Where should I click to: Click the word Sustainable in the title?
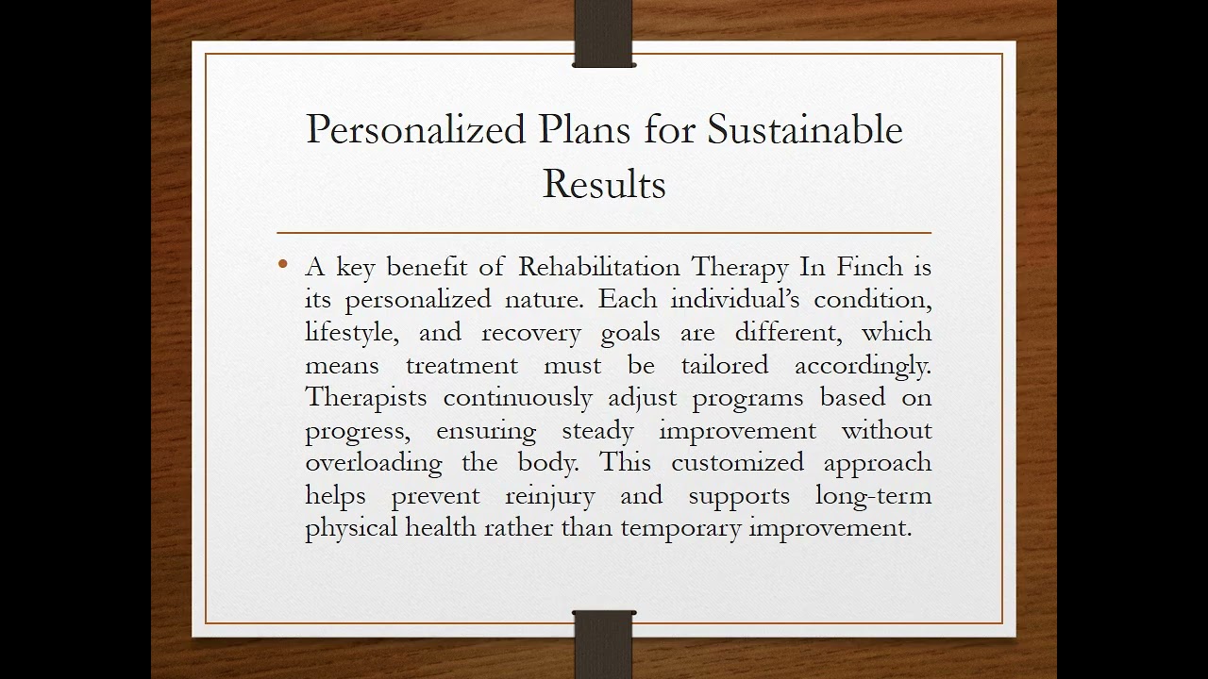805,130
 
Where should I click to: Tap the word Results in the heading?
604,184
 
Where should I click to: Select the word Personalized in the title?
415,130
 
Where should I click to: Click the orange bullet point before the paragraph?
283,265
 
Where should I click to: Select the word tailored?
725,365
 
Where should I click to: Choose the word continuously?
517,398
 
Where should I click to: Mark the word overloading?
373,463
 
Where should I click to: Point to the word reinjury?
550,496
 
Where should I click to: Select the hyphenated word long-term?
873,496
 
